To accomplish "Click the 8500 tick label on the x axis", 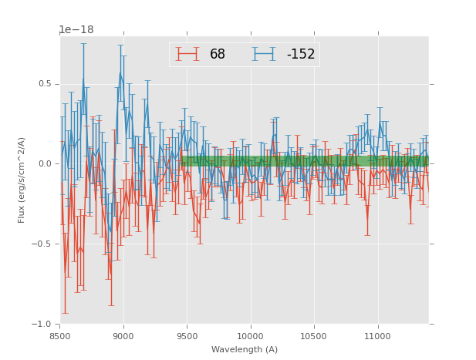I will pos(59,336).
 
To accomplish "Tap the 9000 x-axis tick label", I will pos(123,336).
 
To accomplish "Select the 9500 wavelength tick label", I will pos(187,336).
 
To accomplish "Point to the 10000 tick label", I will pos(250,336).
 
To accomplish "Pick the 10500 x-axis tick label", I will pos(314,336).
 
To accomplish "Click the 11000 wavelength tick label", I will pos(377,336).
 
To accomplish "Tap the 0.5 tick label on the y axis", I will pos(45,84).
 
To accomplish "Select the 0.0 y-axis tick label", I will pos(45,163).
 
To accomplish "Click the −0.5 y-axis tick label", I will pos(42,244).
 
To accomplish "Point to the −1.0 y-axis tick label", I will pos(42,324).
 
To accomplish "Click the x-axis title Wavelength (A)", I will pos(244,349).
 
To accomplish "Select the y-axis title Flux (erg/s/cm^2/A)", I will pos(22,180).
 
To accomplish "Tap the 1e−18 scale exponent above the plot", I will pos(76,30).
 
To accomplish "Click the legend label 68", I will pos(218,55).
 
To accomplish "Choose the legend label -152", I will pos(297,55).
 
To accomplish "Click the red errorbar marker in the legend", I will pos(187,54).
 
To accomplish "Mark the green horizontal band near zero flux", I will pos(305,161).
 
